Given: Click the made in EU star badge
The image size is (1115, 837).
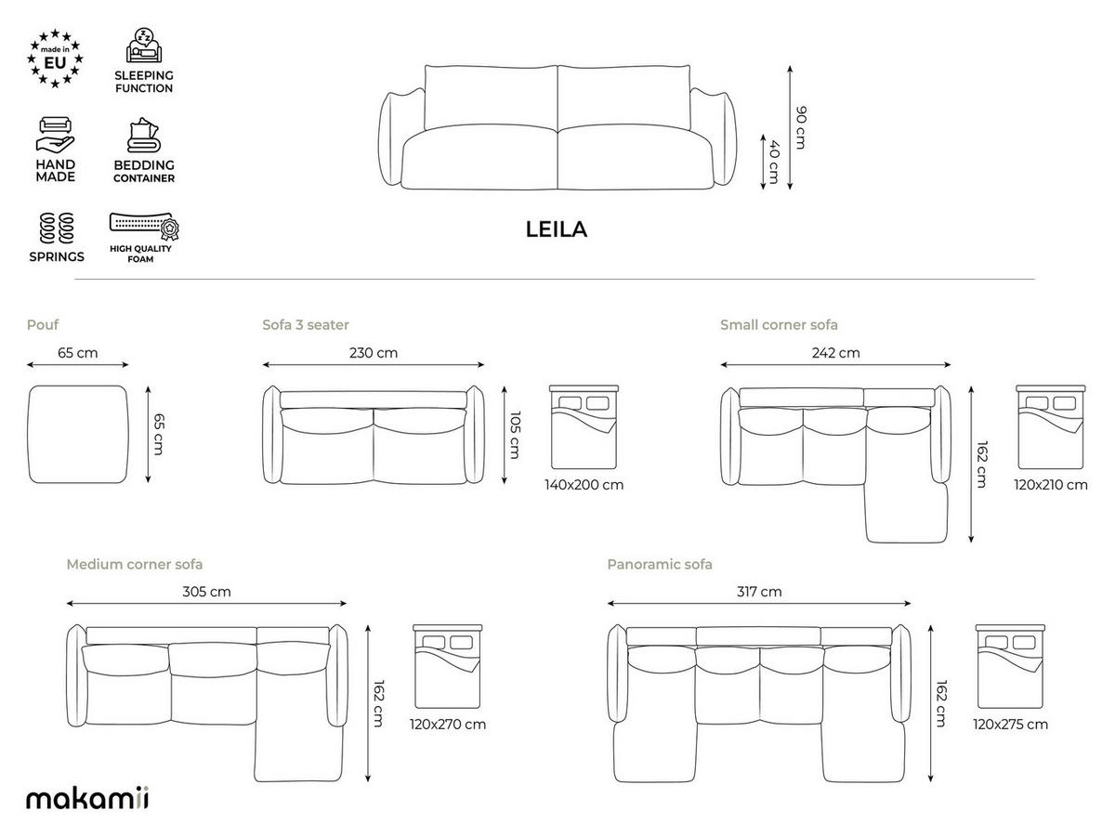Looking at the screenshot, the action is point(55,59).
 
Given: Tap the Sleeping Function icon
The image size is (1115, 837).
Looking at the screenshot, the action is point(144,46).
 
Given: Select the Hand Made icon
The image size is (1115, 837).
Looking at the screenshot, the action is point(56,135).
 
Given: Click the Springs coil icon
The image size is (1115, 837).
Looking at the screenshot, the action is point(57,228).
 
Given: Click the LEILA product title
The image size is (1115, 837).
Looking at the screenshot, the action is point(557,229).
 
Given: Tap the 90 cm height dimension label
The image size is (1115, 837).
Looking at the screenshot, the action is point(801,127).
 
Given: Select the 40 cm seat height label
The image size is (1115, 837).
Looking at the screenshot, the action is point(774,162).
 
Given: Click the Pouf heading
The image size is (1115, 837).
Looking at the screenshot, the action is point(43,324).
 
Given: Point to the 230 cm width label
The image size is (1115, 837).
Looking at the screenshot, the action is point(374,352).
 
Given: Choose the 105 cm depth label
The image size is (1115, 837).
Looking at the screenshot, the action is point(515,435).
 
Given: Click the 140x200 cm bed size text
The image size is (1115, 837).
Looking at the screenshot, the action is point(584,485).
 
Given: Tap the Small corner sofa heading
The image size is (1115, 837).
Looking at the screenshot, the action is point(779,324).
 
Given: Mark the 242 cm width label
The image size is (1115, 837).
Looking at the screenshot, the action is point(835,352).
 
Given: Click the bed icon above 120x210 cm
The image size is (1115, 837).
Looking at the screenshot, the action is point(1051,426).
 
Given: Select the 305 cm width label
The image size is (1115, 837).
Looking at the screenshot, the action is point(207,592).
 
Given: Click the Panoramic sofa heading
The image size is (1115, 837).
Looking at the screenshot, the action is point(660,564).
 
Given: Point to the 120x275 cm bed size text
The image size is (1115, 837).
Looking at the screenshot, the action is point(1010,725).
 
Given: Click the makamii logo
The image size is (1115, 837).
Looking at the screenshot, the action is point(87,798).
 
